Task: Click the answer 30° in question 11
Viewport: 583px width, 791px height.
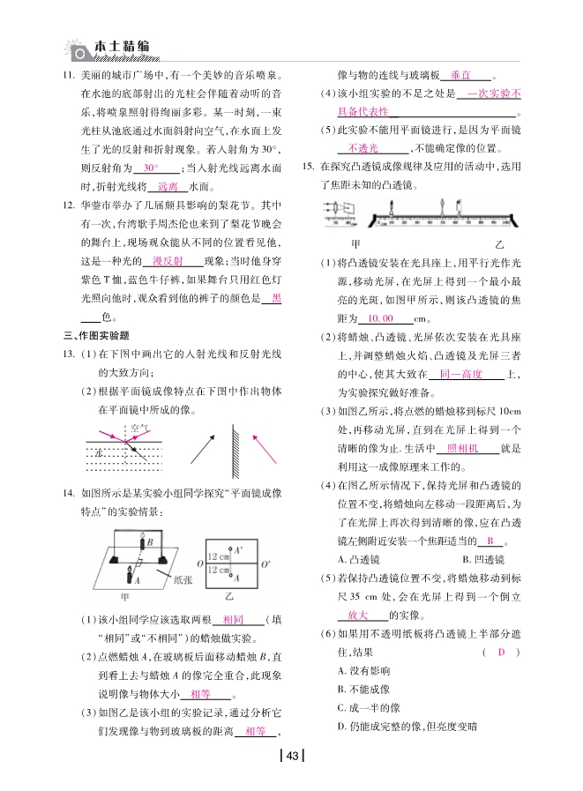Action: (151, 167)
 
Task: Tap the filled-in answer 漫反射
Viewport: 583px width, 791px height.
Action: (167, 261)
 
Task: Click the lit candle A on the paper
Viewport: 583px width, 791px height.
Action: (136, 578)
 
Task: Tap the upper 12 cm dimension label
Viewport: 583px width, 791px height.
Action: (216, 556)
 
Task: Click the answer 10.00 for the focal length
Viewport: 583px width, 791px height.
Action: (381, 318)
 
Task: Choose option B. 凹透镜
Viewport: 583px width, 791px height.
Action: (482, 559)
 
